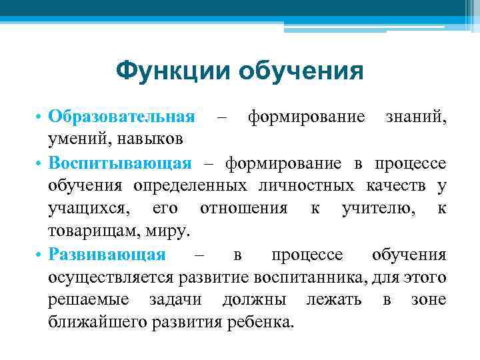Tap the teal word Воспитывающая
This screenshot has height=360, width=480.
120,163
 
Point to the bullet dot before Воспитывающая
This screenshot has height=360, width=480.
41,164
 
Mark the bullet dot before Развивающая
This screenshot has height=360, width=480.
41,255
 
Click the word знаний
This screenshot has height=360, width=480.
417,117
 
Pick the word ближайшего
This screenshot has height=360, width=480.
97,323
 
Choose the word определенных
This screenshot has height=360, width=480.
183,186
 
